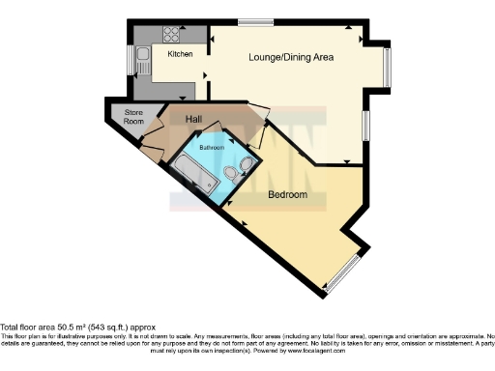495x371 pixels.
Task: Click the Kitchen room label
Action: coord(181,54)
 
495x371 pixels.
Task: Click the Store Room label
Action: coord(133,118)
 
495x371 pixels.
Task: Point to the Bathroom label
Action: coord(212,147)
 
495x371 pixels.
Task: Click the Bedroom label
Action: coord(287,194)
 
